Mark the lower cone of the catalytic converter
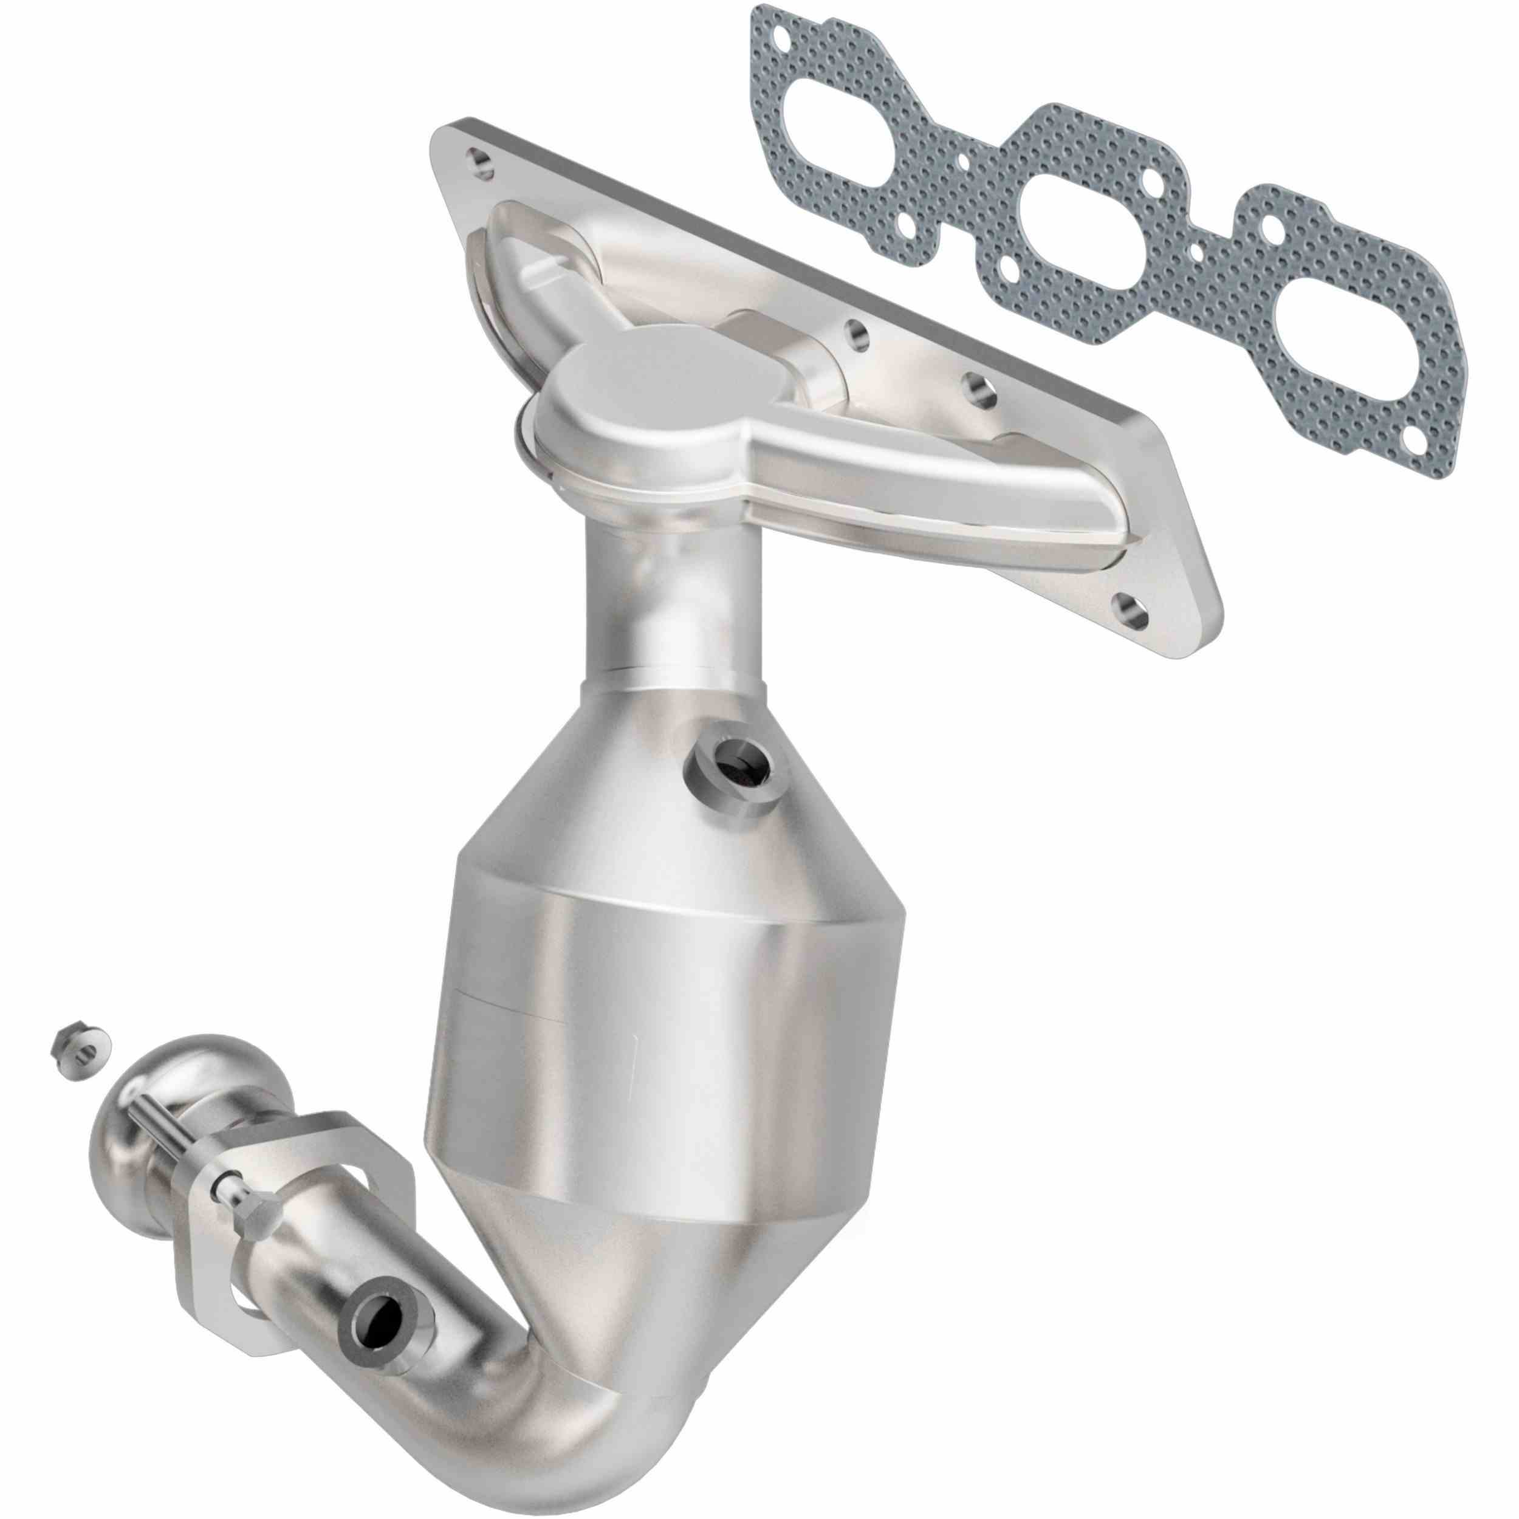[629, 1258]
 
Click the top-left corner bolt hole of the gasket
[781, 37]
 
